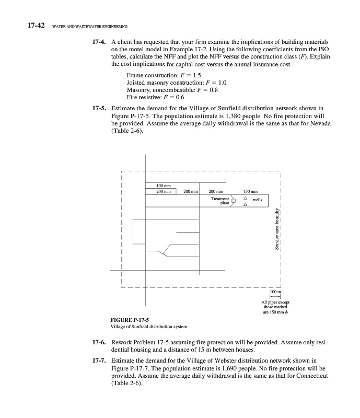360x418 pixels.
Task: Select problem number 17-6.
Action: point(99,341)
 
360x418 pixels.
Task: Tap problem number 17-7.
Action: point(99,361)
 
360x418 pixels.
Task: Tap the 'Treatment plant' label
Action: point(220,201)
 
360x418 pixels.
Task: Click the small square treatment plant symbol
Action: point(235,200)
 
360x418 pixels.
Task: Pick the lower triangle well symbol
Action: point(245,205)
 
